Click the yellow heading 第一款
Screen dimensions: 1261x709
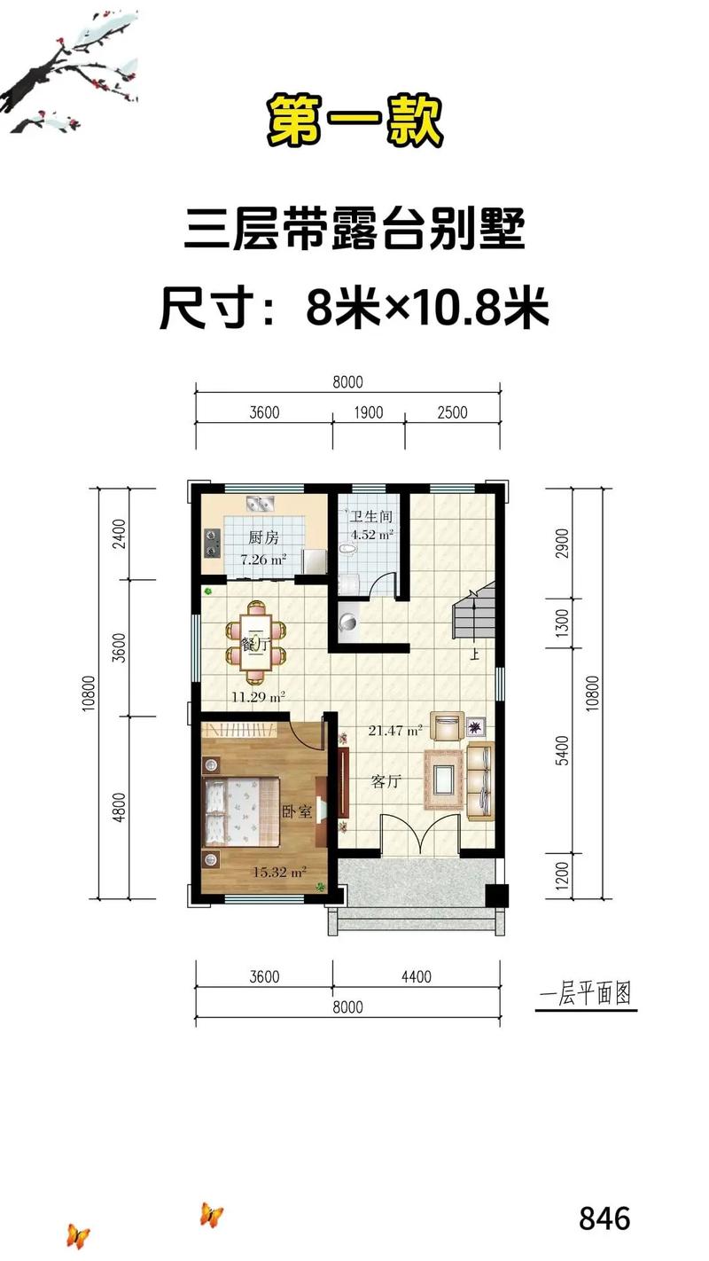(x=354, y=122)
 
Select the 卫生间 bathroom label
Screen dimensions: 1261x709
(x=370, y=516)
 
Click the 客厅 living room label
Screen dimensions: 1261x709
(x=387, y=782)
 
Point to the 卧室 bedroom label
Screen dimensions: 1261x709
(x=296, y=811)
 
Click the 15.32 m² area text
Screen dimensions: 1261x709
(x=279, y=872)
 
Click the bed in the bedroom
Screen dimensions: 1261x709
(x=241, y=809)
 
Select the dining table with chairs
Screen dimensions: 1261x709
(x=256, y=636)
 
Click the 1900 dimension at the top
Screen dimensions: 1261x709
(x=369, y=412)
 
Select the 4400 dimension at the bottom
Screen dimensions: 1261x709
(x=416, y=977)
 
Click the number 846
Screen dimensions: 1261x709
(x=604, y=1218)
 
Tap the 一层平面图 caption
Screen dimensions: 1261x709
(x=588, y=994)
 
